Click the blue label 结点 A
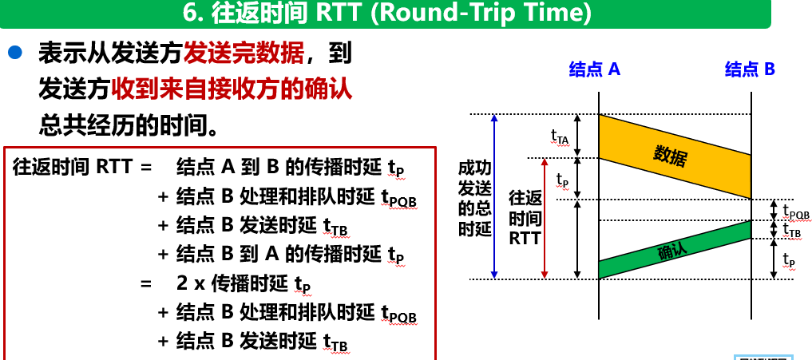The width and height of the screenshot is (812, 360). [595, 69]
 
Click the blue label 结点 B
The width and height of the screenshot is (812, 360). [750, 69]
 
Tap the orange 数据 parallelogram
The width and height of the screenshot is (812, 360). [675, 156]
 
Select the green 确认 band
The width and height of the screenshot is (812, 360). [675, 250]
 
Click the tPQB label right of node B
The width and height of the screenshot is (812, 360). [796, 212]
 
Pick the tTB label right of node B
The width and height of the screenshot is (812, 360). [792, 229]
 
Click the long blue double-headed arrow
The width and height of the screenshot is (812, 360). [494, 197]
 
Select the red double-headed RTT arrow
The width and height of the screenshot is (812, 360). [545, 219]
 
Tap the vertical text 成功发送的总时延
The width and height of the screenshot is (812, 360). [474, 199]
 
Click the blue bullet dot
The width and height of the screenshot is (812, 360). [15, 53]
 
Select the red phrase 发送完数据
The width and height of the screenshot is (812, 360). [244, 53]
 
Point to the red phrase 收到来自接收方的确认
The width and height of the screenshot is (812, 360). [232, 90]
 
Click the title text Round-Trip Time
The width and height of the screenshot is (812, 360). [482, 14]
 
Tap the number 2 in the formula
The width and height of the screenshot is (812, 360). [182, 284]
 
